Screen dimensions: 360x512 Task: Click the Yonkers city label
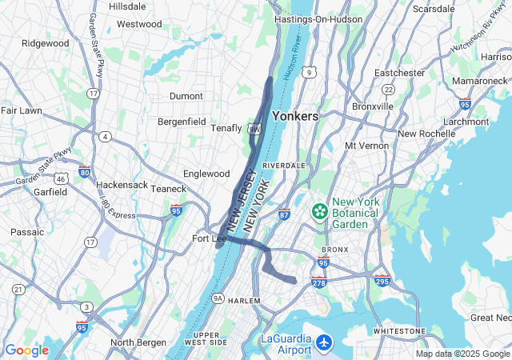[295, 116]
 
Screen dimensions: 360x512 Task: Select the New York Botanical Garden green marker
[320, 211]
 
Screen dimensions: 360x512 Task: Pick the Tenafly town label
[226, 128]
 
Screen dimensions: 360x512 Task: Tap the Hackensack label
[122, 185]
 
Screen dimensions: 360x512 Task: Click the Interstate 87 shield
[284, 214]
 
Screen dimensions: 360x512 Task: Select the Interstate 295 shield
[382, 280]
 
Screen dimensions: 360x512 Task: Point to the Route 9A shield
[218, 299]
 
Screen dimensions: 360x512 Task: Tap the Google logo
[26, 350]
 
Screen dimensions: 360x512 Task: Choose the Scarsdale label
[434, 9]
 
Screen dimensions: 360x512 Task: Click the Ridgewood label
[45, 43]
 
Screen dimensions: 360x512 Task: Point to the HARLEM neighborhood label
[245, 300]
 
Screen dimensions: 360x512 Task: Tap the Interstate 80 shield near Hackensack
[85, 171]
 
